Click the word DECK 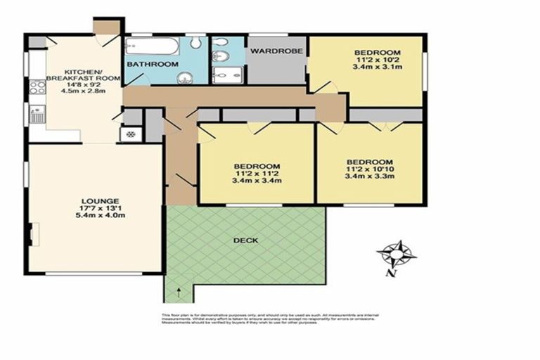click(x=247, y=240)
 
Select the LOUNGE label click(x=99, y=200)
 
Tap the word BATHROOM click(x=153, y=65)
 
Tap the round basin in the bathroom click(x=184, y=78)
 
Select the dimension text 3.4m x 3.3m click(x=369, y=177)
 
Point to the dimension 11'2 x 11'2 click(x=257, y=173)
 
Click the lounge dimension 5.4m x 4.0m click(x=99, y=216)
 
